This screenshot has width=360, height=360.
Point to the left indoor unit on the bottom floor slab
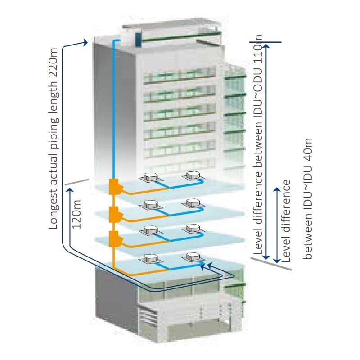coord(149,258)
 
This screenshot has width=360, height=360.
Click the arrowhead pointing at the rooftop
coord(85,42)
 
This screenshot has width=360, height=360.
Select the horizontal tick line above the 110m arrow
coord(265,43)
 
